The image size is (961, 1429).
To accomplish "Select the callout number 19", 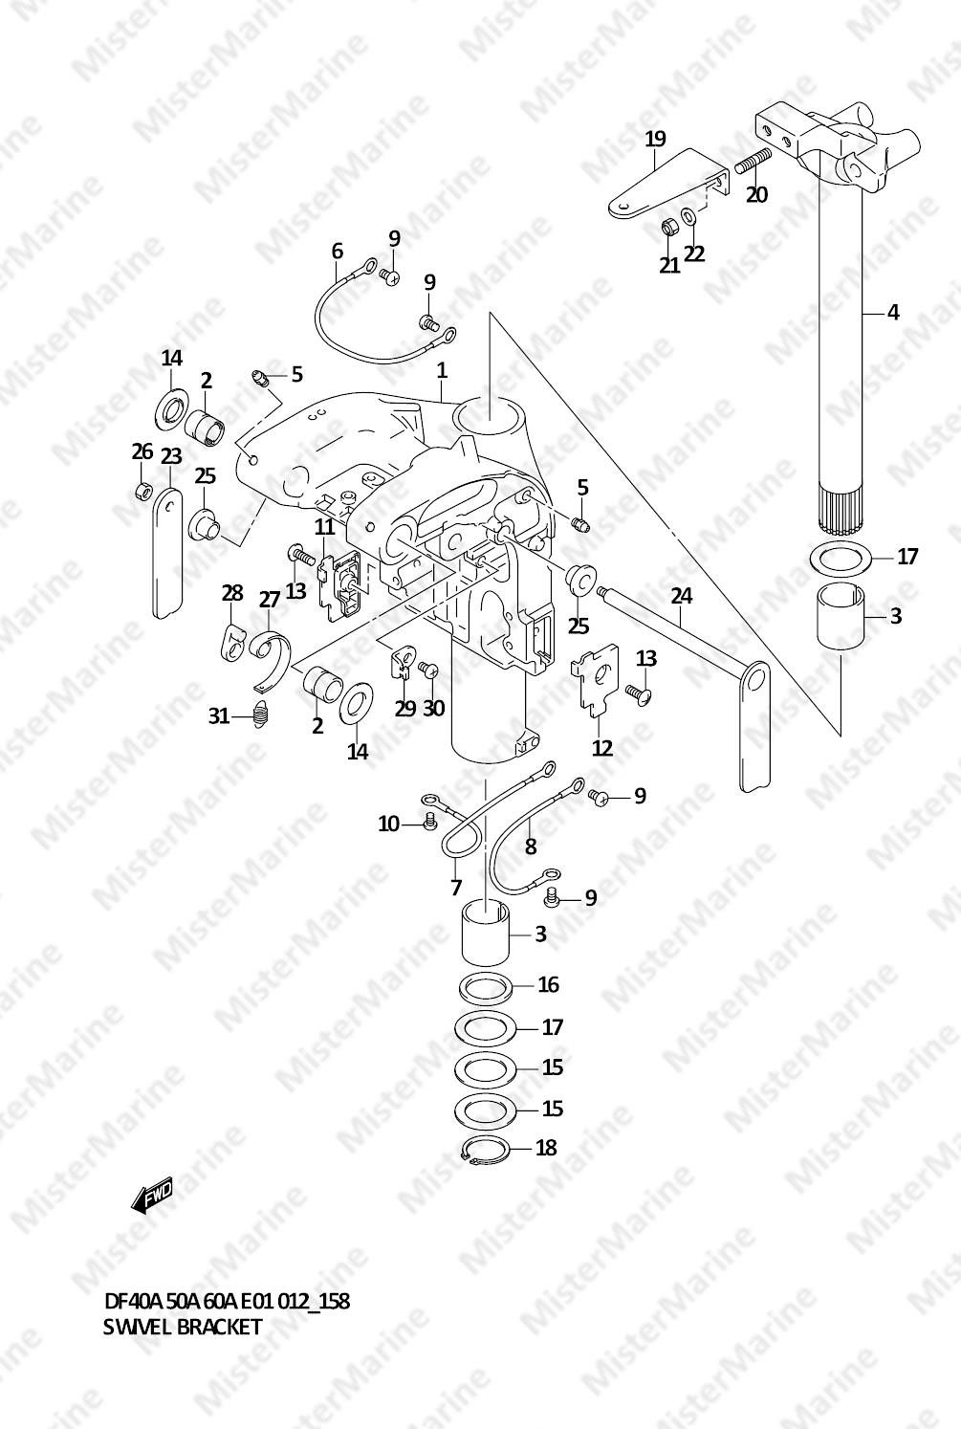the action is pyautogui.click(x=655, y=139).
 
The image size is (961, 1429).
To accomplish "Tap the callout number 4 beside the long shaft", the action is pyautogui.click(x=893, y=313).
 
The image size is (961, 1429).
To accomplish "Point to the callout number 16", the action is pyautogui.click(x=549, y=985).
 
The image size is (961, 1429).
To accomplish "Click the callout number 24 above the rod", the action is pyautogui.click(x=681, y=596).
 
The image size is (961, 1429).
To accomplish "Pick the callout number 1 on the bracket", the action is pyautogui.click(x=442, y=371).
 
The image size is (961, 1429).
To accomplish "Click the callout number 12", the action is pyautogui.click(x=602, y=748).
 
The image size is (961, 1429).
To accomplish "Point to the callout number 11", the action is pyautogui.click(x=324, y=527).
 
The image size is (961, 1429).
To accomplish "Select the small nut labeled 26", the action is pyautogui.click(x=143, y=492).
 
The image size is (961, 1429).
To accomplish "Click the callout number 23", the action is pyautogui.click(x=171, y=456).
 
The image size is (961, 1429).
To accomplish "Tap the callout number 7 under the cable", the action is pyautogui.click(x=455, y=888).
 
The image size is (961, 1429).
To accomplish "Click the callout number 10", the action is pyautogui.click(x=388, y=824).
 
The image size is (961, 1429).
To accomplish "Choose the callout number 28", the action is pyautogui.click(x=232, y=593).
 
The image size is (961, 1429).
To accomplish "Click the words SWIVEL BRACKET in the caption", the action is pyautogui.click(x=183, y=1327).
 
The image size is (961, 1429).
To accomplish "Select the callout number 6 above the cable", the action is pyautogui.click(x=337, y=251).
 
